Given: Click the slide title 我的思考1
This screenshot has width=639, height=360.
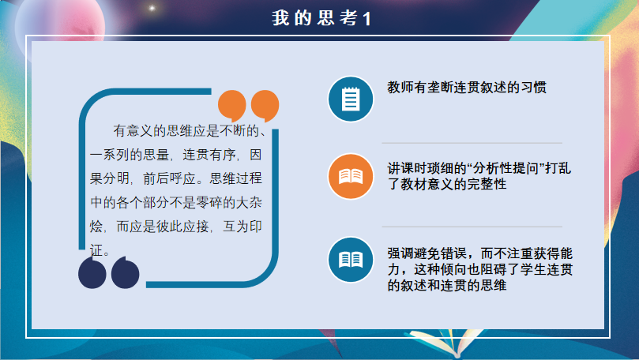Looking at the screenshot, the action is click(x=321, y=18).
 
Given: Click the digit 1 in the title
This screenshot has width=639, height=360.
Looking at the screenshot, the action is click(x=366, y=19).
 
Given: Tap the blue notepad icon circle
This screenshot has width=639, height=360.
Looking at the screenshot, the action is click(x=351, y=99).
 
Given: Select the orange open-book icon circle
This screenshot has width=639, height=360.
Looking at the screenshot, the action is click(x=351, y=176).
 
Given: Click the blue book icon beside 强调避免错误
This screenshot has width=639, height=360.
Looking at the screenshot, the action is click(x=351, y=260).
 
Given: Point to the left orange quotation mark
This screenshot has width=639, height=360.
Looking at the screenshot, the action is click(x=232, y=106).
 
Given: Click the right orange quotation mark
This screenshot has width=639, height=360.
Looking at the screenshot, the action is click(x=265, y=106).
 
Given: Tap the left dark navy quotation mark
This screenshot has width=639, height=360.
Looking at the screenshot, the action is click(x=92, y=272).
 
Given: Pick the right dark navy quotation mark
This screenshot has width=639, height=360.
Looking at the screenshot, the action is click(x=125, y=272).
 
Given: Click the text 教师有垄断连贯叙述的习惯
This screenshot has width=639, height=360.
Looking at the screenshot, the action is click(x=467, y=87).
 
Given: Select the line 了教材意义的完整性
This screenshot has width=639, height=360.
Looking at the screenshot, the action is click(x=447, y=184).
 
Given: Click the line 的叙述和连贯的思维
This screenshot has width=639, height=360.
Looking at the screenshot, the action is click(x=447, y=285).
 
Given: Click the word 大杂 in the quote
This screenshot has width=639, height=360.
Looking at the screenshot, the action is click(x=249, y=202).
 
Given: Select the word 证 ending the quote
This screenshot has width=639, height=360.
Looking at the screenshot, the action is click(x=96, y=250).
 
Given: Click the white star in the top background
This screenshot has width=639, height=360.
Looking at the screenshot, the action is click(x=152, y=8).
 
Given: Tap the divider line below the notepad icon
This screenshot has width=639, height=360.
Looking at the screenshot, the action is click(x=472, y=143).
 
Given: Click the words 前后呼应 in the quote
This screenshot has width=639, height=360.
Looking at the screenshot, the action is click(x=169, y=178).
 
